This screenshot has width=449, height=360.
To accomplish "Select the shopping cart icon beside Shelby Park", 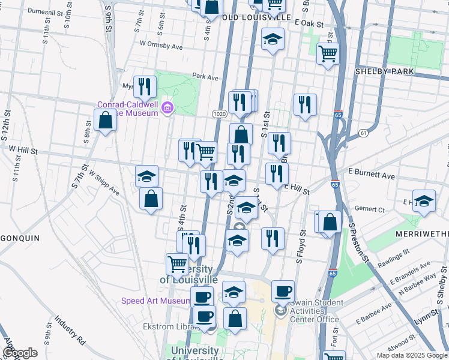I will pos(328,53).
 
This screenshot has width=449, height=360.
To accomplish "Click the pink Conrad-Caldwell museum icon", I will pos(167,109).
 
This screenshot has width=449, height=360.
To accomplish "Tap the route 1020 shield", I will pos(218,113).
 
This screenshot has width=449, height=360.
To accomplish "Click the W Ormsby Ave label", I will pos(160,45).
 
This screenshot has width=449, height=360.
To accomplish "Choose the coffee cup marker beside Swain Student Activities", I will pos(283,292).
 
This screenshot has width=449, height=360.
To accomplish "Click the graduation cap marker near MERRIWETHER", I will pos(424,201).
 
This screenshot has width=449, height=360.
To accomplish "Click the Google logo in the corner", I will pos(20,353).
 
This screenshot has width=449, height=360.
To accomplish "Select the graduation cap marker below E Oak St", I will pos(273,40).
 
